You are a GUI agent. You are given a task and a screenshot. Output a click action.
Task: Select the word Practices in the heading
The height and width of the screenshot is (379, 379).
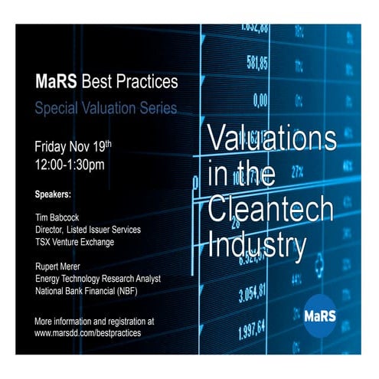pyautogui.click(x=146, y=80)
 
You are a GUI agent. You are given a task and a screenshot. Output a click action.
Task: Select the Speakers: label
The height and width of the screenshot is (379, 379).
pyautogui.click(x=58, y=192)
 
